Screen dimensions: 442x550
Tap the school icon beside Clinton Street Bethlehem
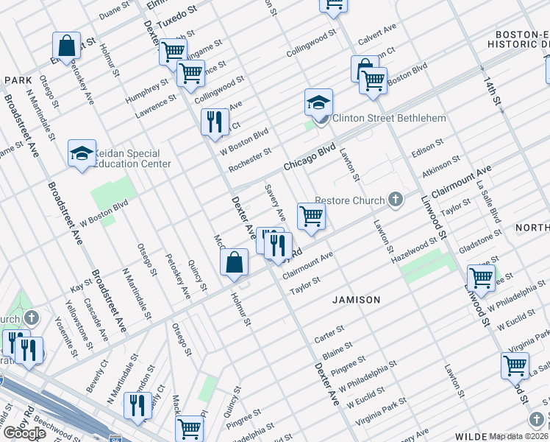point(319,102)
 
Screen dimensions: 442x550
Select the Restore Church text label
point(350,200)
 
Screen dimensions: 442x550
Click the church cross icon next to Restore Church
point(396,199)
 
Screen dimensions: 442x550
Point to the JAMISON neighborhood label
point(356,300)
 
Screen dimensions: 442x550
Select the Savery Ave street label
point(276,203)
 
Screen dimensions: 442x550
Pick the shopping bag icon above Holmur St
point(234,262)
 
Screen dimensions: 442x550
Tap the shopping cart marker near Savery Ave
point(311,216)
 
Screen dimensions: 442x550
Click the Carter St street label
point(329,335)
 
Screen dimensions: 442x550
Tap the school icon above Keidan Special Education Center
point(81,152)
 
